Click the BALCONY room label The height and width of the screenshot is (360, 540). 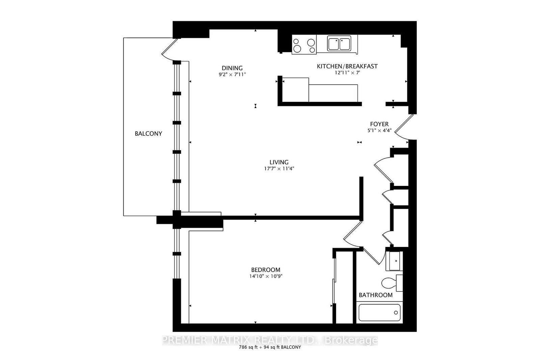pos(148,134)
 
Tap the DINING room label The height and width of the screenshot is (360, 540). pos(232,68)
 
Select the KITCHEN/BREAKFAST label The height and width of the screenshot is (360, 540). pos(347,66)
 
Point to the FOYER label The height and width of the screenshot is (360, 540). pos(379,124)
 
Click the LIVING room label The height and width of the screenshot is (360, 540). pos(279,162)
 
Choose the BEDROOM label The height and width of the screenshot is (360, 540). pos(266,270)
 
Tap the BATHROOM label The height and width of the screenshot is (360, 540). pos(376,295)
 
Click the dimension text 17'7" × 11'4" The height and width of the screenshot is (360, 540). pos(279,169)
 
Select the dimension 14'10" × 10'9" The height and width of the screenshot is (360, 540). pos(266,276)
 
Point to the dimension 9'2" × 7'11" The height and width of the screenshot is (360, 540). pos(232,75)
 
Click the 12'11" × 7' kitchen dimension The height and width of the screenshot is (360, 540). pos(347,73)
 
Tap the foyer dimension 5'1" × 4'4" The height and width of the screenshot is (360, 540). pos(379,131)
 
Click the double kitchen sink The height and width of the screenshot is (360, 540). pos(339,44)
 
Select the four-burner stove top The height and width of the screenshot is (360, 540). pos(304,45)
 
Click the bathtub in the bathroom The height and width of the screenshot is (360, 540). pos(379,312)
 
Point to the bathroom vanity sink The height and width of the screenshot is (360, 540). pos(394,261)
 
